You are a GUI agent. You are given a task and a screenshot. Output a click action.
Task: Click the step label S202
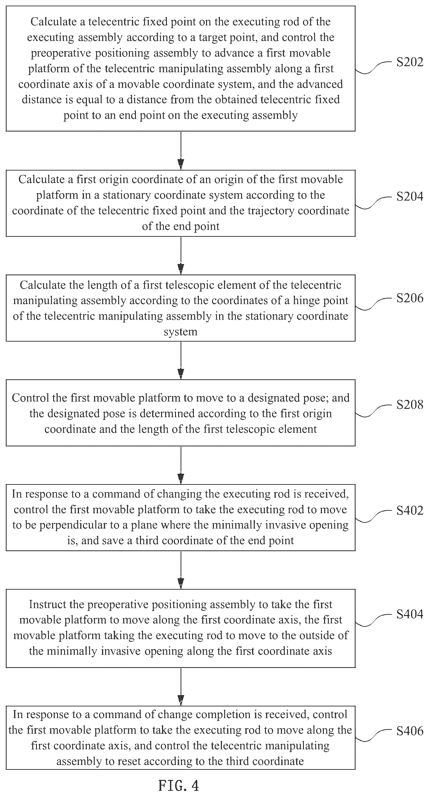click(x=409, y=62)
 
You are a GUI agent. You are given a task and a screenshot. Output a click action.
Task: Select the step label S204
click(x=409, y=196)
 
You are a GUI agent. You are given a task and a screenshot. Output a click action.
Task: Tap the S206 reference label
click(x=409, y=298)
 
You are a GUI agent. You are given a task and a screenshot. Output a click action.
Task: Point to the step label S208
click(x=409, y=405)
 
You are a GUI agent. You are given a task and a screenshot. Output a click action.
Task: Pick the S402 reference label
click(x=409, y=511)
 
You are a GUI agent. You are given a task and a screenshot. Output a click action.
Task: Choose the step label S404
click(x=409, y=614)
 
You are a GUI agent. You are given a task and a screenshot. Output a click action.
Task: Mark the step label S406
click(x=409, y=731)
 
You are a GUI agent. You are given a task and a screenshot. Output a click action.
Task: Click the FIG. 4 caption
click(x=179, y=786)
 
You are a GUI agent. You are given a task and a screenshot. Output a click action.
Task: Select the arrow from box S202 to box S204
click(x=181, y=151)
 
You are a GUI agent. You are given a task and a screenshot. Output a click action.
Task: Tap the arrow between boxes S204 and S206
click(x=181, y=255)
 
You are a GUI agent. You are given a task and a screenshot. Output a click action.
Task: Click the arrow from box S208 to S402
click(x=181, y=465)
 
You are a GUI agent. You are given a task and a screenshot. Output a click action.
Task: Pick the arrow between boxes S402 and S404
click(x=181, y=570)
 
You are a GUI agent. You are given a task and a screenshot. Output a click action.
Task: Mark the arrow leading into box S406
click(x=181, y=686)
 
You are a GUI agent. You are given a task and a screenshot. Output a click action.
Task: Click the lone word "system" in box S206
click(x=181, y=332)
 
